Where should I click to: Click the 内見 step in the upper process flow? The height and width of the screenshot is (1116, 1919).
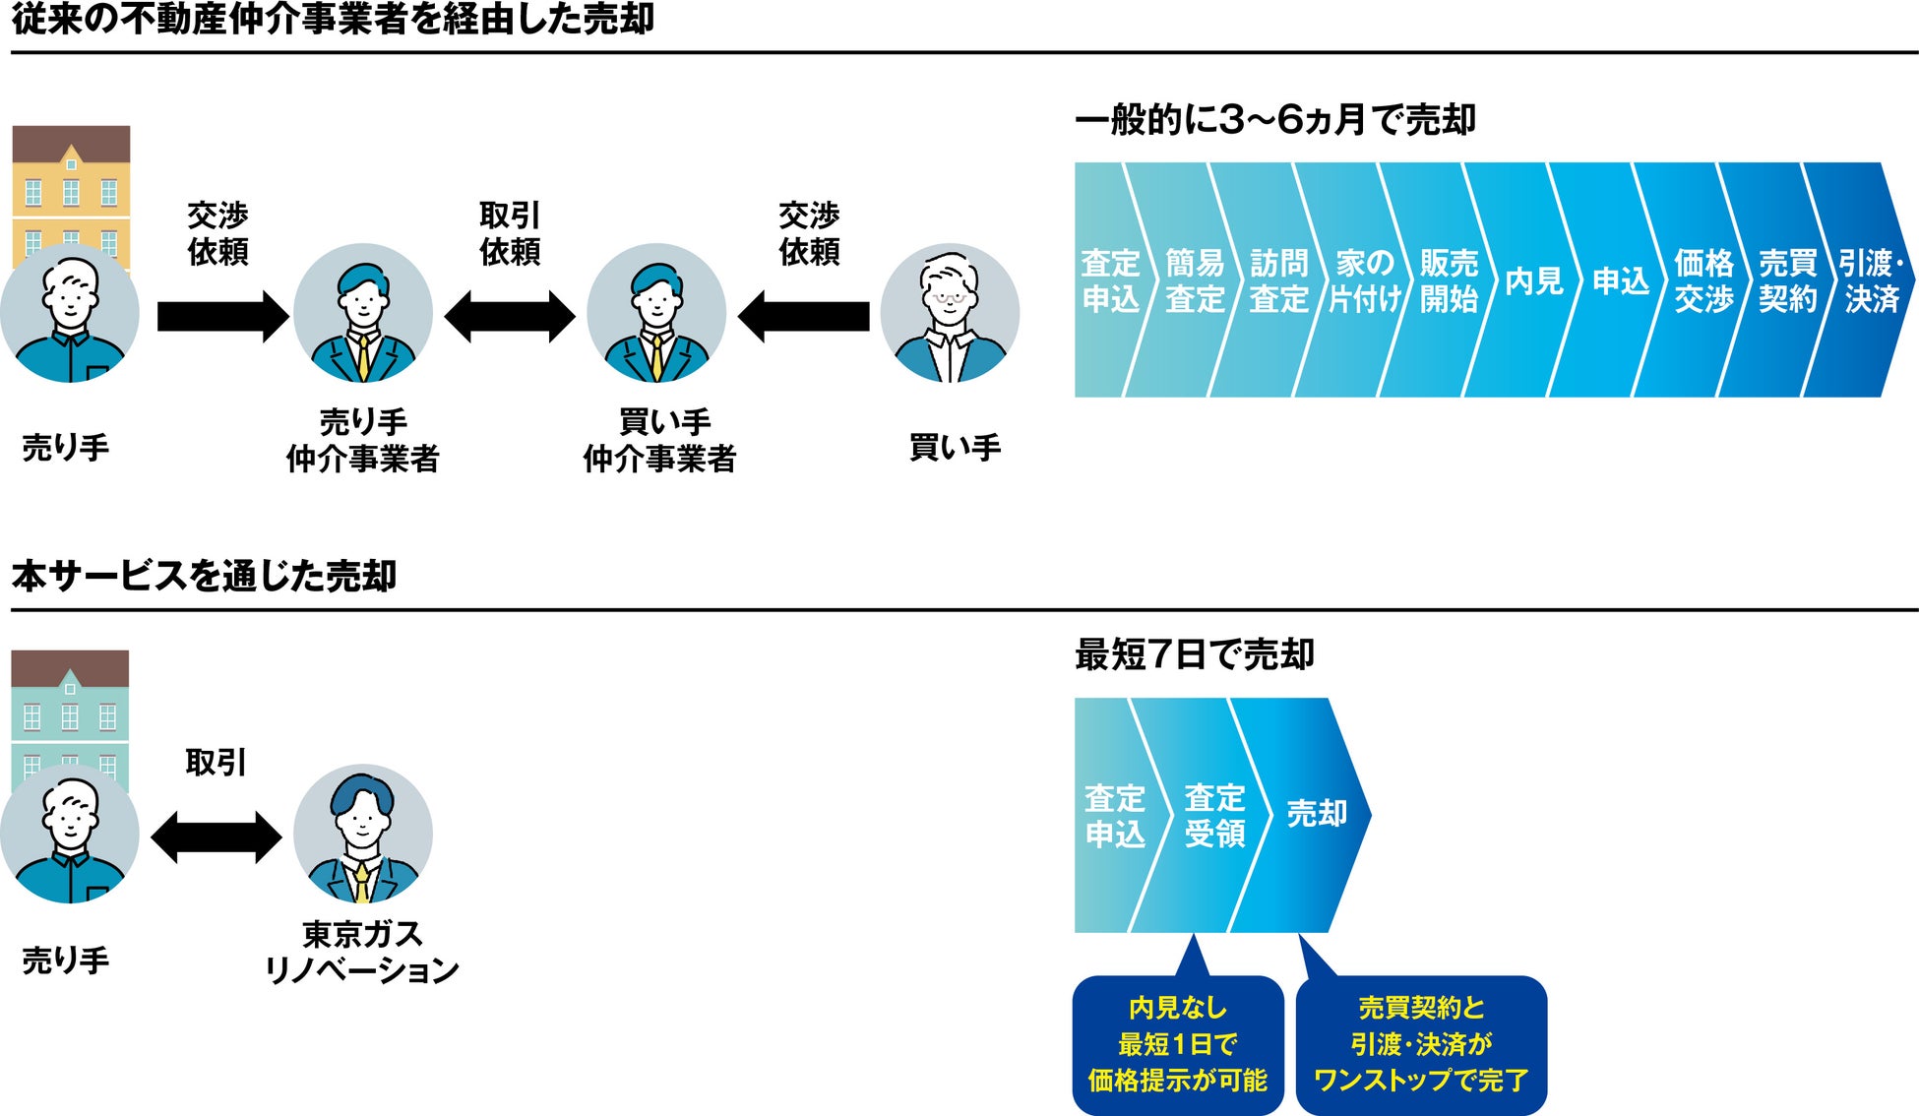1533,281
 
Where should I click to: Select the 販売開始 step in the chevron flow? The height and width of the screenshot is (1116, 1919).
1449,281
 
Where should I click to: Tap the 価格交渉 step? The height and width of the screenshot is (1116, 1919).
1703,281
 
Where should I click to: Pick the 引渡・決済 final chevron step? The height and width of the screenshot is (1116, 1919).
1870,281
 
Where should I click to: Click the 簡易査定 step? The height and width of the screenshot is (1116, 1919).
1195,281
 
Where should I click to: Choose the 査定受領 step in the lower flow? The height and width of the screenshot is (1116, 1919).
1214,816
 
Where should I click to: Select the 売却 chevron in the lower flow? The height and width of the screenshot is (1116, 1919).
1316,814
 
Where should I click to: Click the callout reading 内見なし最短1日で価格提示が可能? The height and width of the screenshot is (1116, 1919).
1178,1044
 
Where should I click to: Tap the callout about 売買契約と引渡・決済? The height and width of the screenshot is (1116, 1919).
1421,1044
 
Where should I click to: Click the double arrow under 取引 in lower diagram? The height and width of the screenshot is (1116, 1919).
217,837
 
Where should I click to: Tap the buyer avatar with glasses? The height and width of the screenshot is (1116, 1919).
950,314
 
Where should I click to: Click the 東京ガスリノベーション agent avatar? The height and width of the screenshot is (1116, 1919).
362,835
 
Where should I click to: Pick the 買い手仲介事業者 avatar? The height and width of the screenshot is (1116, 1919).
656,314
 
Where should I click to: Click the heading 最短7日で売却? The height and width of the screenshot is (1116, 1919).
1194,654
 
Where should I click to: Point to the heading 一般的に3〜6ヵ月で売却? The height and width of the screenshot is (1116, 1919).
1275,120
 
